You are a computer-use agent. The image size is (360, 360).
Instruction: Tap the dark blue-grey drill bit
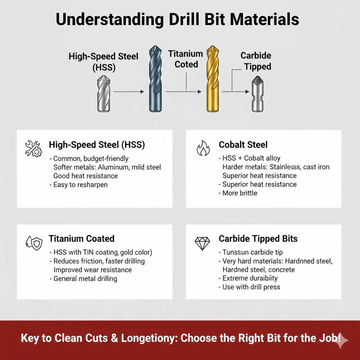pyautogui.click(x=156, y=79)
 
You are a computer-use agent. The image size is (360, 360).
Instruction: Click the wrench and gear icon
pyautogui.click(x=34, y=148)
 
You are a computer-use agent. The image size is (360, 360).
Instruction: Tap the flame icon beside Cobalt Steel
pyautogui.click(x=203, y=148)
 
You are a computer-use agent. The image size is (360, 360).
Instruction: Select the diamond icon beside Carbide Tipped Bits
pyautogui.click(x=202, y=243)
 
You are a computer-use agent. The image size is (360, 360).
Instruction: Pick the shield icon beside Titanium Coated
pyautogui.click(x=34, y=243)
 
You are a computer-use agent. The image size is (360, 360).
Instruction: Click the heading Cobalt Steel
pyautogui.click(x=243, y=144)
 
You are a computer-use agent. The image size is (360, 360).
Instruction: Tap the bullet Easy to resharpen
pyautogui.click(x=80, y=185)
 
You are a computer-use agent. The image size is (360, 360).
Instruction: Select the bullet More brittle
pyautogui.click(x=240, y=193)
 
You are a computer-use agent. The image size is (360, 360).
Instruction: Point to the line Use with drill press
pyautogui.click(x=251, y=287)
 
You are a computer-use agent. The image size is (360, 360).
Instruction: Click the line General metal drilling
pyautogui.click(x=85, y=278)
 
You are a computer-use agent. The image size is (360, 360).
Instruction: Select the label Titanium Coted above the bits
pyautogui.click(x=186, y=59)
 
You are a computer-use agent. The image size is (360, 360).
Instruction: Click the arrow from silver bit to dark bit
pyautogui.click(x=129, y=92)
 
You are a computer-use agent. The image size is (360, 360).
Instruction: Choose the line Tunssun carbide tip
pyautogui.click(x=252, y=252)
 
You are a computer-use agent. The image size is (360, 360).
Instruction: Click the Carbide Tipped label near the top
pyautogui.click(x=256, y=61)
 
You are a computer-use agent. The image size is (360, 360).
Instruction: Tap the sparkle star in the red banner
pyautogui.click(x=342, y=340)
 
